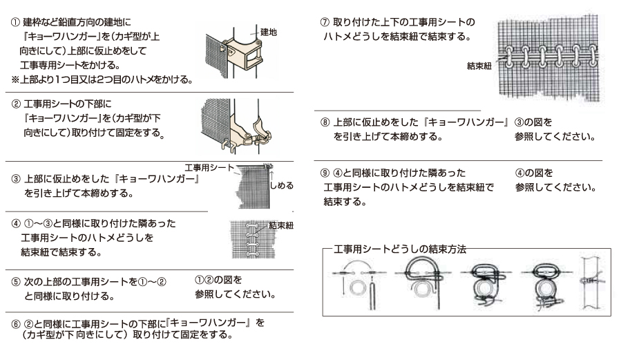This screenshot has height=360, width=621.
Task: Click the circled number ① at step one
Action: [15, 22]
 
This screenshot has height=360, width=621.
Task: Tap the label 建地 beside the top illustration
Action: [269, 32]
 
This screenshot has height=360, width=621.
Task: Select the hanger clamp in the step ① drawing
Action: [244, 53]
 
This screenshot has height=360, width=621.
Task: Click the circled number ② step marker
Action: [16, 104]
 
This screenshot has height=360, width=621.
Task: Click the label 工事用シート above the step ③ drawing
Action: [209, 167]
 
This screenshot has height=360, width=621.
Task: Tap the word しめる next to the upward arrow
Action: [282, 185]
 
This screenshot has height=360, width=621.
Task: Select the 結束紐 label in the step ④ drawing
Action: [281, 226]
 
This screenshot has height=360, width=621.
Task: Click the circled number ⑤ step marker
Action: [16, 282]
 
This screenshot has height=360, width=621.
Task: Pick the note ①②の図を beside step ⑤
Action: [218, 280]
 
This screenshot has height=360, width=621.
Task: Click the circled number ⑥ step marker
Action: [16, 325]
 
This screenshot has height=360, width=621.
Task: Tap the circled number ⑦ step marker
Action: [325, 22]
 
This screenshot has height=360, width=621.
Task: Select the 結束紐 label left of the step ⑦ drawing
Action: [479, 66]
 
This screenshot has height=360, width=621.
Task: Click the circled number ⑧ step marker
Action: [325, 122]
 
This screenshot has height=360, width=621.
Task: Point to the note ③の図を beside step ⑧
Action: [533, 122]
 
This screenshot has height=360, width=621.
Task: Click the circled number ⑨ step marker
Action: [325, 173]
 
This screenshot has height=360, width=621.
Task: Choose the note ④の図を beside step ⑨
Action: [534, 173]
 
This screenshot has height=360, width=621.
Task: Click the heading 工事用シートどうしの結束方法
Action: [400, 249]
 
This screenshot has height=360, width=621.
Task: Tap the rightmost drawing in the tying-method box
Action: [592, 283]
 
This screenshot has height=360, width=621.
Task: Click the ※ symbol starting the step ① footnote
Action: [15, 79]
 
